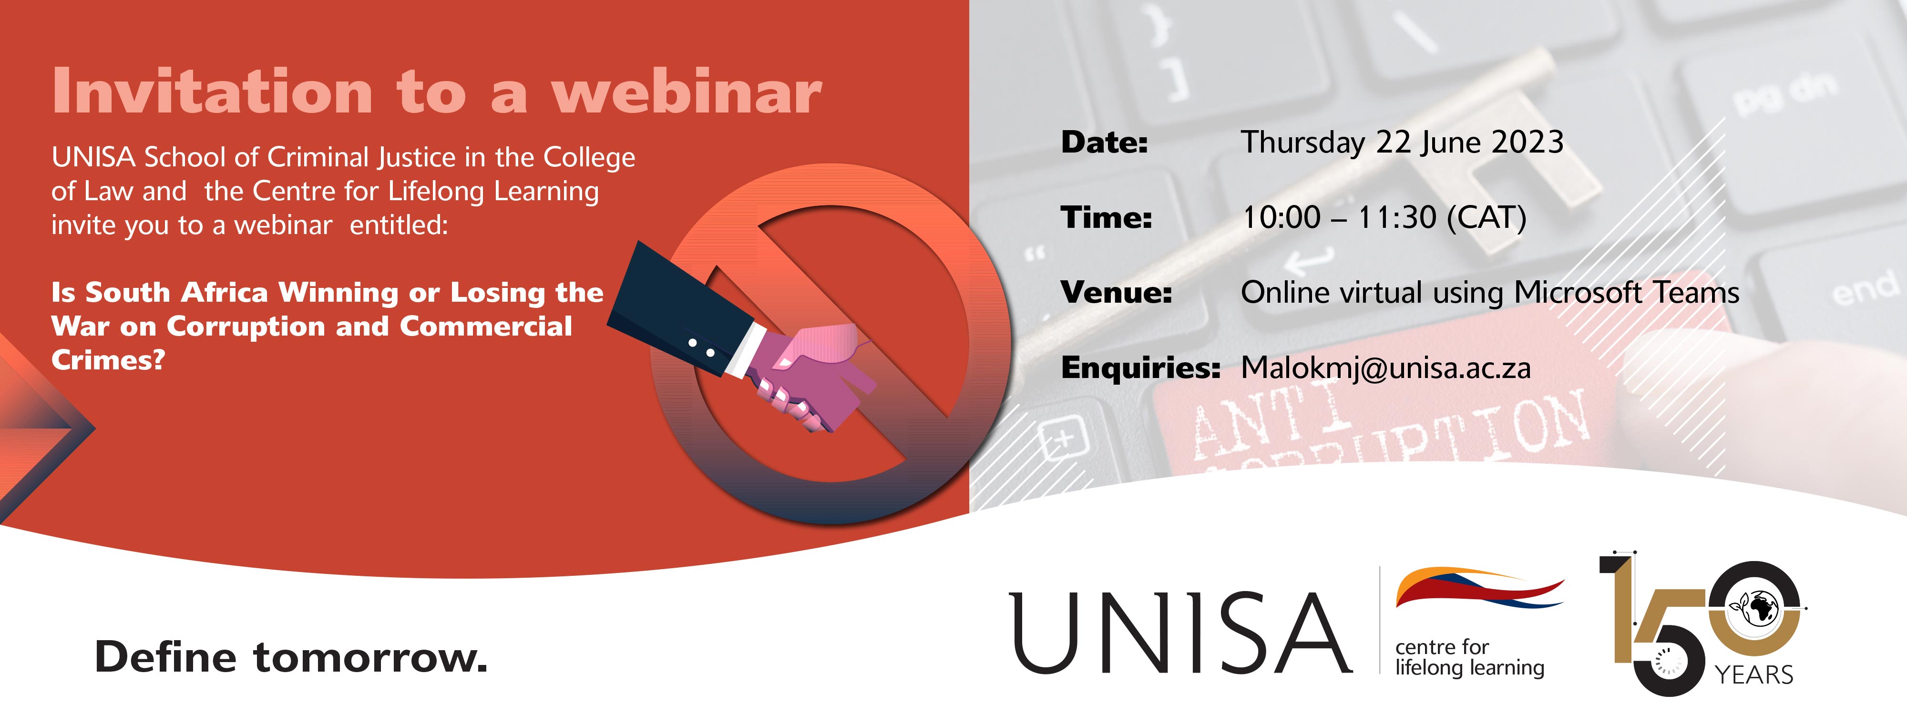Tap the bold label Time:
pos(1106,218)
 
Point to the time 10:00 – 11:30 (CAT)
pos(1384,218)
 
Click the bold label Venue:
pos(1117,292)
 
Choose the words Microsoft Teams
pos(1626,292)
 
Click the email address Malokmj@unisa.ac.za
pos(1386,368)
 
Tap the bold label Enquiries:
pos(1140,368)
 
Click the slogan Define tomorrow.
pos(291,657)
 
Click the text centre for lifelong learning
pos(1469,657)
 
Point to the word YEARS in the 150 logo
pos(1754,675)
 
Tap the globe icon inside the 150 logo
pos(1759,608)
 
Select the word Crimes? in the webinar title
pos(108,360)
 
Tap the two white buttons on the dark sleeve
pos(701,348)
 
